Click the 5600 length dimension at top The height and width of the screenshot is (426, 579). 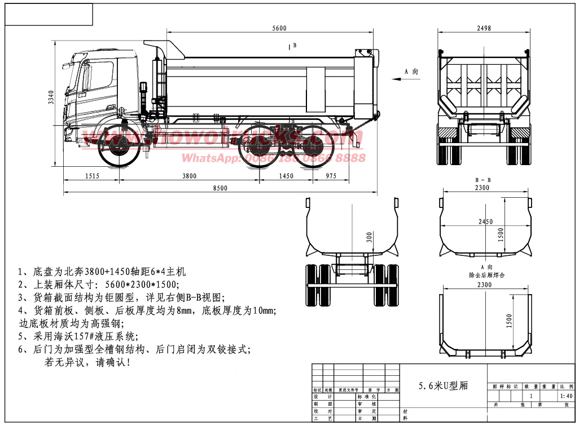(x=279, y=29)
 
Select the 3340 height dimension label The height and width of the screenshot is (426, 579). (x=51, y=98)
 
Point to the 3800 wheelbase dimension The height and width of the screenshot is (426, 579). (x=189, y=176)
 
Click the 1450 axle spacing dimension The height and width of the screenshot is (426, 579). (x=286, y=176)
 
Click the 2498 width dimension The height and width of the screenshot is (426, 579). (x=484, y=29)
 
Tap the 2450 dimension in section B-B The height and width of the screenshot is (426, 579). (x=485, y=222)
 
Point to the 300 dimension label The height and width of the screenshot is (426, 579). (x=369, y=237)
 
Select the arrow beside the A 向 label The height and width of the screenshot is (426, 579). (x=397, y=79)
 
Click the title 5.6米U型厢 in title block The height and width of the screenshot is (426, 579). (x=443, y=386)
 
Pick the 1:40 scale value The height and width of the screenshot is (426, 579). (x=566, y=396)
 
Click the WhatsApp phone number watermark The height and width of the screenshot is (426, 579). (x=274, y=158)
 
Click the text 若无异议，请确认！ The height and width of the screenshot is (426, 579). (x=87, y=362)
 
